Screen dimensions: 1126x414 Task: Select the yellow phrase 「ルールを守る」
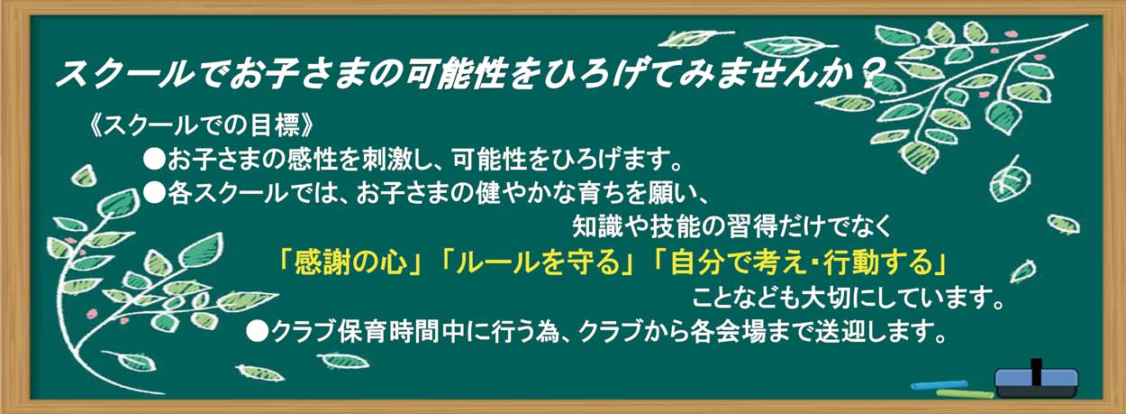[x=537, y=263]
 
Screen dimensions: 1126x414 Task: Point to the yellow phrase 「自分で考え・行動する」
[x=799, y=263]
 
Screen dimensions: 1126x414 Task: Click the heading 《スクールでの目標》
[x=201, y=124]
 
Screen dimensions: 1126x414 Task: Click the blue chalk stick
[x=939, y=385]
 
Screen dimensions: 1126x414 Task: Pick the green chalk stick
[x=965, y=394]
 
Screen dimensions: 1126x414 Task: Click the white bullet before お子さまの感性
[x=154, y=159]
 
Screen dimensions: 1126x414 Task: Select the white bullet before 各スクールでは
[x=154, y=193]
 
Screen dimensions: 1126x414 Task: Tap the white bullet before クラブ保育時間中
[x=258, y=332]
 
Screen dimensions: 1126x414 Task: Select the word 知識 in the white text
[x=597, y=227]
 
